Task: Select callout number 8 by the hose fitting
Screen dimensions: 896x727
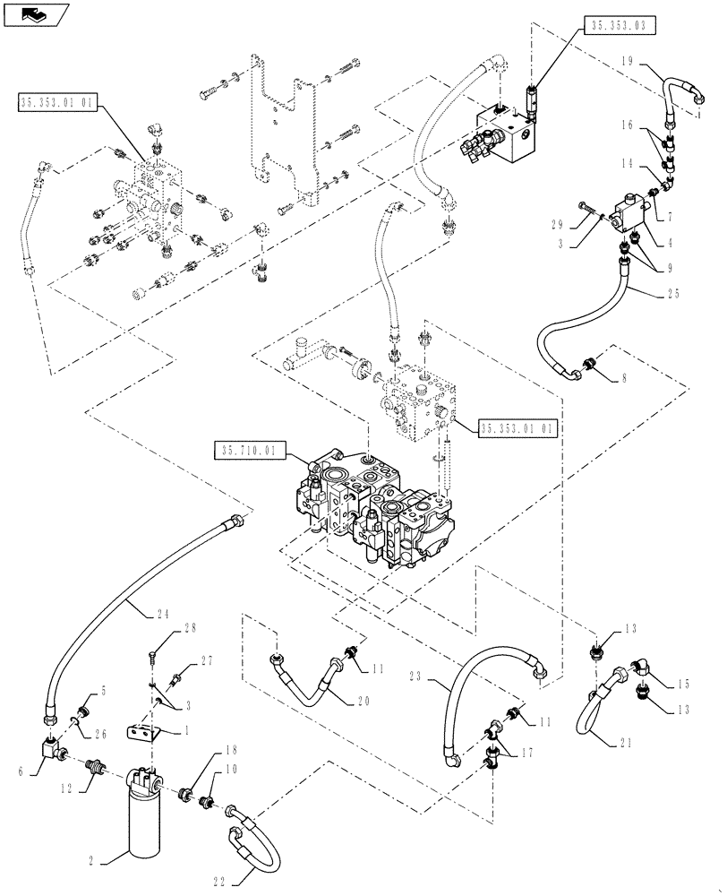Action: (626, 379)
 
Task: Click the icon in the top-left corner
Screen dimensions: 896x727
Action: (34, 13)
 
